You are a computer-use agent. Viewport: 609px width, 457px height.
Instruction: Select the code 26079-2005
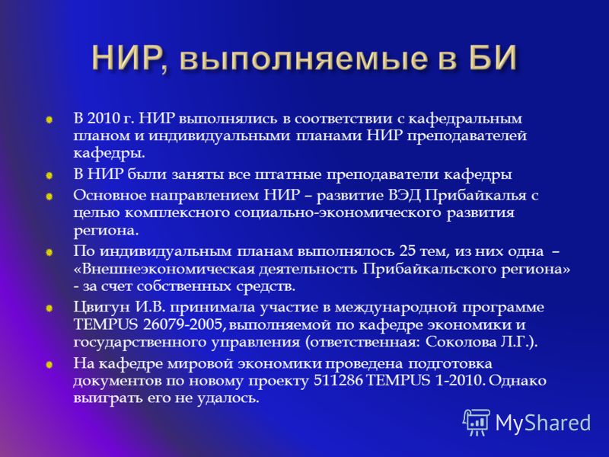[x=183, y=325]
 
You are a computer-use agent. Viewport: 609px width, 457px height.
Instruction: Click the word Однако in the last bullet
[x=518, y=380]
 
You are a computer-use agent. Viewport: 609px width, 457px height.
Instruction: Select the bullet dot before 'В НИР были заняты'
[x=49, y=176]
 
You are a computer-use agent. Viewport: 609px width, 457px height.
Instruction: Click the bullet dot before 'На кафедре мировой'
[x=49, y=365]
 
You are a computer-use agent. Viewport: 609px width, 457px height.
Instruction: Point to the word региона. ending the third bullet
[x=106, y=232]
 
